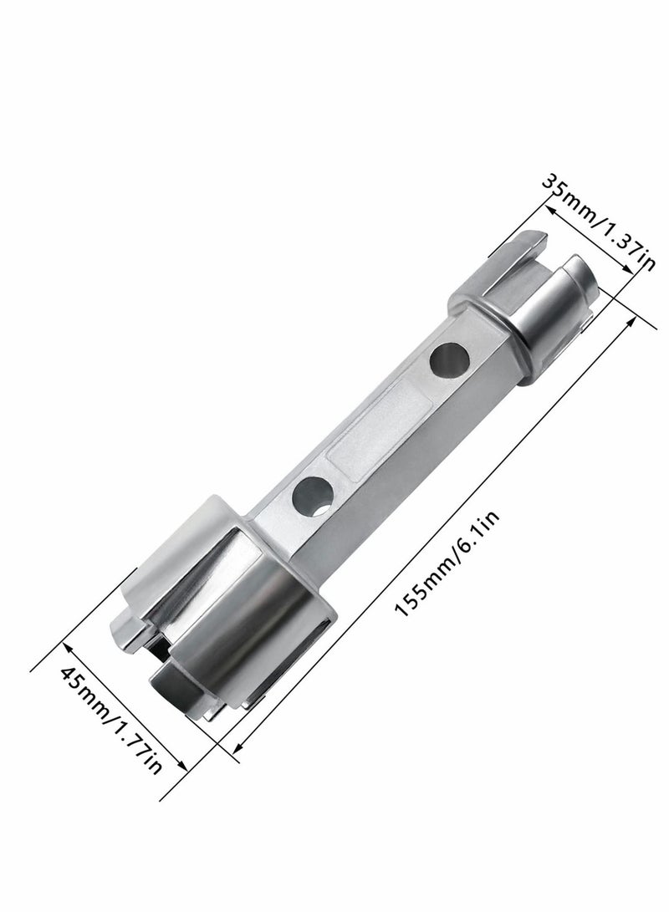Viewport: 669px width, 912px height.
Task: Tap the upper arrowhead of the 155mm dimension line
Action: click(634, 320)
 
